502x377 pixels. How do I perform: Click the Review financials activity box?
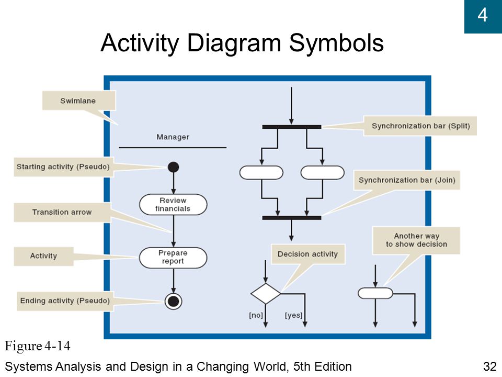173,204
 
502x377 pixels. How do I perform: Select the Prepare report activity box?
173,258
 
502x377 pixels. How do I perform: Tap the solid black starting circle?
174,167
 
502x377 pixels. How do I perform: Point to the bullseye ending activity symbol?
174,302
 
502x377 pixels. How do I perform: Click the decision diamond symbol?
266,293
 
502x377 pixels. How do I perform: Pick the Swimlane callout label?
78,101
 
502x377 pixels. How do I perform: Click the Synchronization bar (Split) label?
420,126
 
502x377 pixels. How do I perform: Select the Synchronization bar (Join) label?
407,180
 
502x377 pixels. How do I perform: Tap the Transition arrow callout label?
62,212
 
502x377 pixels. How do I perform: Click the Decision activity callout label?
307,254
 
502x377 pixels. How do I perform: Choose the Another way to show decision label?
417,240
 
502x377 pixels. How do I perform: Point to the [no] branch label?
256,315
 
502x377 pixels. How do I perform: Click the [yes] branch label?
293,315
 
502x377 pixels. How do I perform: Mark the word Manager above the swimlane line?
173,137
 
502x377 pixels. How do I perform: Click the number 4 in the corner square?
483,15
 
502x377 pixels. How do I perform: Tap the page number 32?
490,367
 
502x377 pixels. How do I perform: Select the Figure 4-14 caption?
37,346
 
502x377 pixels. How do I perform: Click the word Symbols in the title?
336,43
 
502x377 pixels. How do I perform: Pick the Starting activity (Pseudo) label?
63,167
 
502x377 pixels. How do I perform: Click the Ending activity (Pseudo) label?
65,301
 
